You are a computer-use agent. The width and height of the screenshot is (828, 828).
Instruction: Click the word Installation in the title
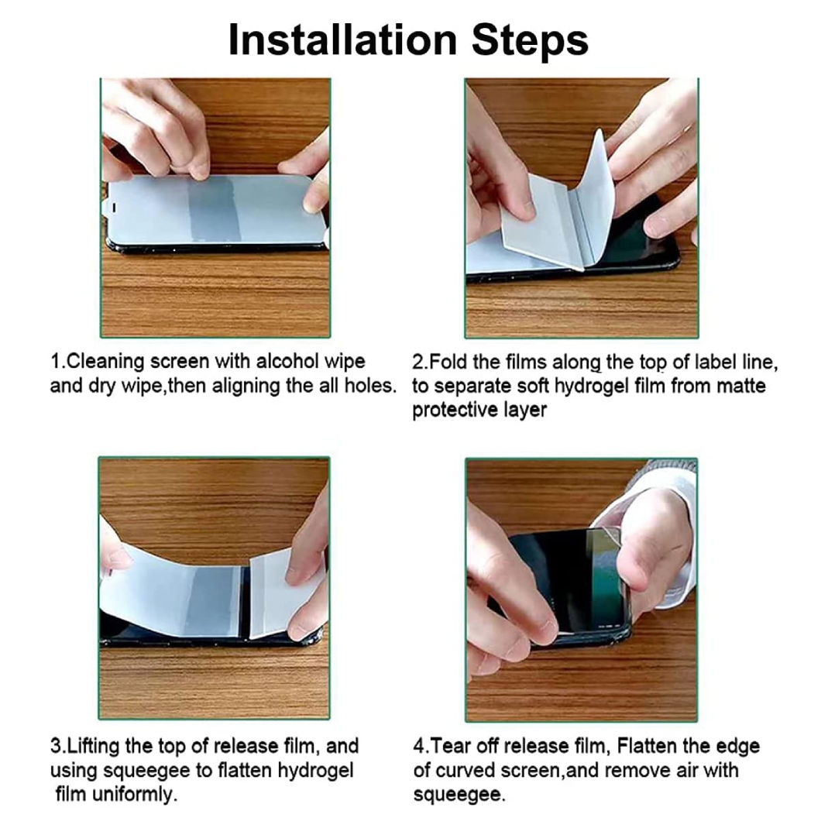pyautogui.click(x=342, y=40)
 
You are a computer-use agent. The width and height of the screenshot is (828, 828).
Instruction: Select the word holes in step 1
pyautogui.click(x=369, y=386)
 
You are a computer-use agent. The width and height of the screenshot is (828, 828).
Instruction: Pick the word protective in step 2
pyautogui.click(x=455, y=411)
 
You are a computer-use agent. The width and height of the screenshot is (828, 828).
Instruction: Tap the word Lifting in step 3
pyautogui.click(x=92, y=747)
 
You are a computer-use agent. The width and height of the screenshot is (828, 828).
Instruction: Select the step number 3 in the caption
pyautogui.click(x=56, y=747)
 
